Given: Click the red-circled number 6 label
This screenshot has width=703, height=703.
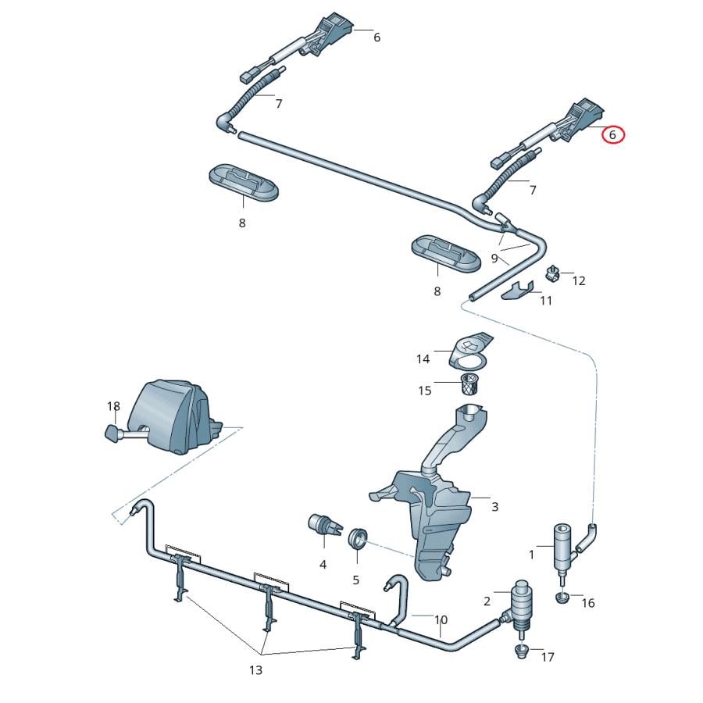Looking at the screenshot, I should (x=613, y=135).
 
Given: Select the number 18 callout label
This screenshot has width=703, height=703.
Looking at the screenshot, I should (x=114, y=406).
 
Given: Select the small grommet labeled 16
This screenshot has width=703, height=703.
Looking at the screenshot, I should (x=562, y=598).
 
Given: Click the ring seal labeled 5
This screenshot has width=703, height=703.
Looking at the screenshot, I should (x=359, y=538).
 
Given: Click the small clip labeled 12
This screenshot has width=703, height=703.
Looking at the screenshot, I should (x=553, y=273).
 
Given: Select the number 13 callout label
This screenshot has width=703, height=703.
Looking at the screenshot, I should (x=256, y=669).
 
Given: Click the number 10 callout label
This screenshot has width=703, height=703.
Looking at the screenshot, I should (x=441, y=621).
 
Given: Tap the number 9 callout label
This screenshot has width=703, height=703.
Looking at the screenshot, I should (x=494, y=258).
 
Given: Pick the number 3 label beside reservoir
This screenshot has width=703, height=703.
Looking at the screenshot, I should (x=494, y=507).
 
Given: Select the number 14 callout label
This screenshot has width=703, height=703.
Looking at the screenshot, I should (x=423, y=359).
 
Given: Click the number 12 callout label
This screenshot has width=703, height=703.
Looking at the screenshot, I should (x=579, y=280).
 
